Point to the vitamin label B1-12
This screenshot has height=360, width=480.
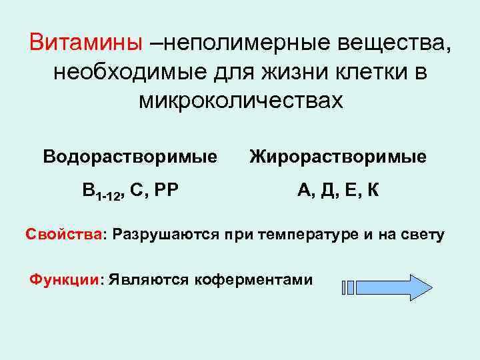[x=103, y=193]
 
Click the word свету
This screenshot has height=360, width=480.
[x=422, y=235]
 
